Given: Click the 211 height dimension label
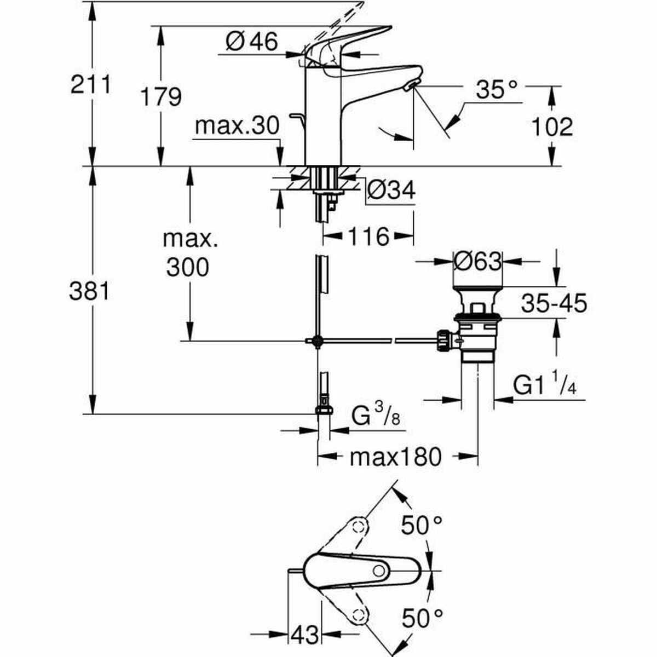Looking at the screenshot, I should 91,85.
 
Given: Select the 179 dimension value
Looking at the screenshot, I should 160,97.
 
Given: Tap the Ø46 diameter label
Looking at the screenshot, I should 252,42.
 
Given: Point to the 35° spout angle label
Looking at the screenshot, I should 496,90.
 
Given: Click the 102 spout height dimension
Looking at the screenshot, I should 552,127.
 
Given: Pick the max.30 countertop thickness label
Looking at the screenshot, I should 237,126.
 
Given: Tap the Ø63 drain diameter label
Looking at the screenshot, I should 477,262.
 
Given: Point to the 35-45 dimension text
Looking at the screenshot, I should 554,303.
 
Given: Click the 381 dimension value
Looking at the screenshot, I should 89,292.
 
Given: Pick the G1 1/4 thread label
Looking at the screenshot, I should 544,388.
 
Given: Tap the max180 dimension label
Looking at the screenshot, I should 395,456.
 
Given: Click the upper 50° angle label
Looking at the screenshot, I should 421,526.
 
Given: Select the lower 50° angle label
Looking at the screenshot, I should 421,619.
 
